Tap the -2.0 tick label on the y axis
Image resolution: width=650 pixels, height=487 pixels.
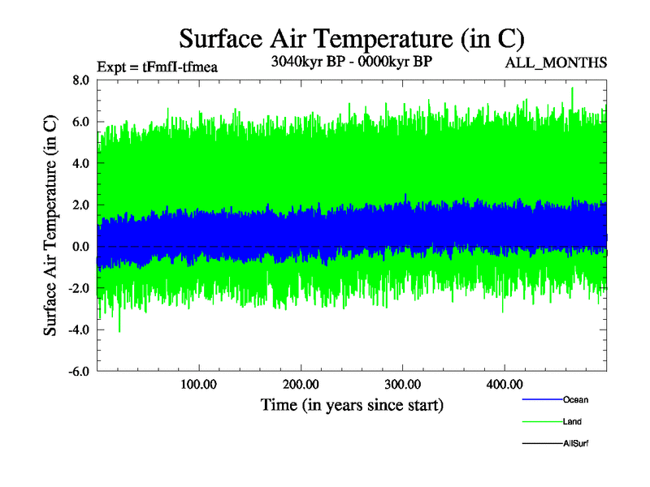79,288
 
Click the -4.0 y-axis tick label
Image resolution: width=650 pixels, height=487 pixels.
79,330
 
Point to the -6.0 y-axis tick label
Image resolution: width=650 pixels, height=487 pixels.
79,372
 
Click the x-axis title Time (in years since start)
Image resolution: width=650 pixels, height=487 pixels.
352,403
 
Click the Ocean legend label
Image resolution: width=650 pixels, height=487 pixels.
575,399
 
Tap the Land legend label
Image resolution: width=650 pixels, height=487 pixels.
572,421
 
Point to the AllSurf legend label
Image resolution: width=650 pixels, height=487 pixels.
576,443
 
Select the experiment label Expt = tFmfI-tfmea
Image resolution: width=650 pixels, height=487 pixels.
157,67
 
